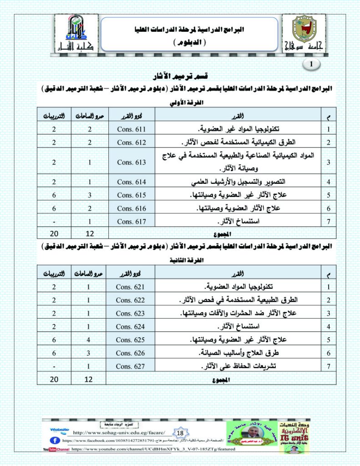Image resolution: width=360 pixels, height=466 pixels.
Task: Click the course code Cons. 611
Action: coord(132,129)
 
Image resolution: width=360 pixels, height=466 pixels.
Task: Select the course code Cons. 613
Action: coord(132,162)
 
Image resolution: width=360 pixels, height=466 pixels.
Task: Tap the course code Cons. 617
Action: coord(132,222)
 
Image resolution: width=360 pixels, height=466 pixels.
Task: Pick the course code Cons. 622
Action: coord(130,300)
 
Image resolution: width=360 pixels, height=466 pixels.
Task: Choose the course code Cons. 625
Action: coord(130,339)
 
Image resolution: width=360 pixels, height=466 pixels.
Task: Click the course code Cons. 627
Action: coord(130,366)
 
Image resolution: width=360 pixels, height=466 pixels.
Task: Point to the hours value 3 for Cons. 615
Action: coord(90,195)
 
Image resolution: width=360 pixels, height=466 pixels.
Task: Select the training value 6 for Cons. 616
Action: coord(54,208)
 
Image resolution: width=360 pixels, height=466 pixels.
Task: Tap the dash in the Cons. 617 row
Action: coord(54,222)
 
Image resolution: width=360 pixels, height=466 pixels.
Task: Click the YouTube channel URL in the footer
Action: coord(153,449)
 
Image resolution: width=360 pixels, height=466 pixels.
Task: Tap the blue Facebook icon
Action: coord(53,441)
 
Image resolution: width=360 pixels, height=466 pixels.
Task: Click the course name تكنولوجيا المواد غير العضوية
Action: coord(243,129)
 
